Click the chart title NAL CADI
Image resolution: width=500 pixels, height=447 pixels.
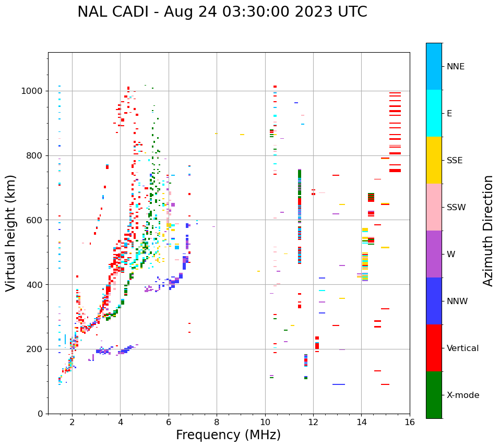click(x=222, y=12)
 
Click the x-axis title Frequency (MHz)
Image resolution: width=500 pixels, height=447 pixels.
click(x=228, y=435)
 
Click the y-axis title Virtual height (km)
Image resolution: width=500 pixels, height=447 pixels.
click(x=11, y=233)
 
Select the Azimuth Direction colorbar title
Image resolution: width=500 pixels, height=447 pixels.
click(x=488, y=231)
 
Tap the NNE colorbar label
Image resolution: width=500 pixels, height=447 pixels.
click(x=455, y=67)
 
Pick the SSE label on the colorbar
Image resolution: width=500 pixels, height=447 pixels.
click(x=455, y=161)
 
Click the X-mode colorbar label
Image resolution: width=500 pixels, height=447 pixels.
click(x=462, y=395)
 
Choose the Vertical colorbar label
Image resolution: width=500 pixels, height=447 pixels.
click(x=462, y=348)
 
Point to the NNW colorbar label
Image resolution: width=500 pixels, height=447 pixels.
click(x=457, y=301)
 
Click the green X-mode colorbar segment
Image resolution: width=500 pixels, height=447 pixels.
click(x=434, y=395)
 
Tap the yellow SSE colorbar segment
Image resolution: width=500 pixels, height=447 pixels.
click(x=434, y=160)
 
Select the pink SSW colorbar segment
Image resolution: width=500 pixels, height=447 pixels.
click(x=434, y=207)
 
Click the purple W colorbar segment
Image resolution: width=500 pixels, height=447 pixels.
click(x=434, y=254)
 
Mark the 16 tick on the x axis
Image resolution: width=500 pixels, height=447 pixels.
click(x=410, y=422)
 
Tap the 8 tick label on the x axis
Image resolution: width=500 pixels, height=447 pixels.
click(x=217, y=422)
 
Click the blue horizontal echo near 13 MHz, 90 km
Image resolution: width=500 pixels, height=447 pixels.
click(x=339, y=384)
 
